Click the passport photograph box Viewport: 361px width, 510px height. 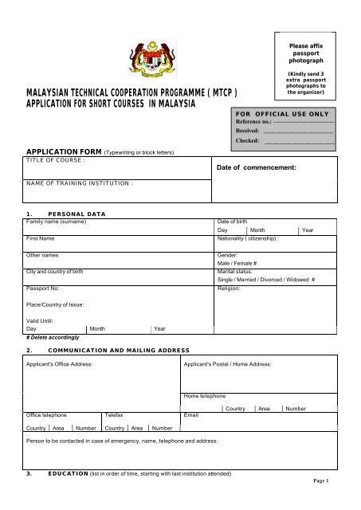click(x=305, y=69)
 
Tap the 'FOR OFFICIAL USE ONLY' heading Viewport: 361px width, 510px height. click(x=283, y=114)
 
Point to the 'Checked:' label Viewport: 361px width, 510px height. click(x=247, y=140)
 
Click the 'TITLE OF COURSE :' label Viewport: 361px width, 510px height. click(x=56, y=160)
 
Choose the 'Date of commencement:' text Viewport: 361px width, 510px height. click(x=257, y=168)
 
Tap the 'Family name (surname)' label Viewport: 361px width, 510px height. click(x=56, y=221)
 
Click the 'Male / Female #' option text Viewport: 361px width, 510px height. click(x=237, y=262)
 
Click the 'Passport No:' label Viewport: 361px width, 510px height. click(x=43, y=288)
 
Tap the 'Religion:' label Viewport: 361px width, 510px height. click(x=230, y=288)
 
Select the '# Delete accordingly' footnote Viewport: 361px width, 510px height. click(x=53, y=337)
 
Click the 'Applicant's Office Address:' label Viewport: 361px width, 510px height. click(x=60, y=364)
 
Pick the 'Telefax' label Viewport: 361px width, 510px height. click(x=114, y=415)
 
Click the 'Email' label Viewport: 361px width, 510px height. click(x=191, y=415)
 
